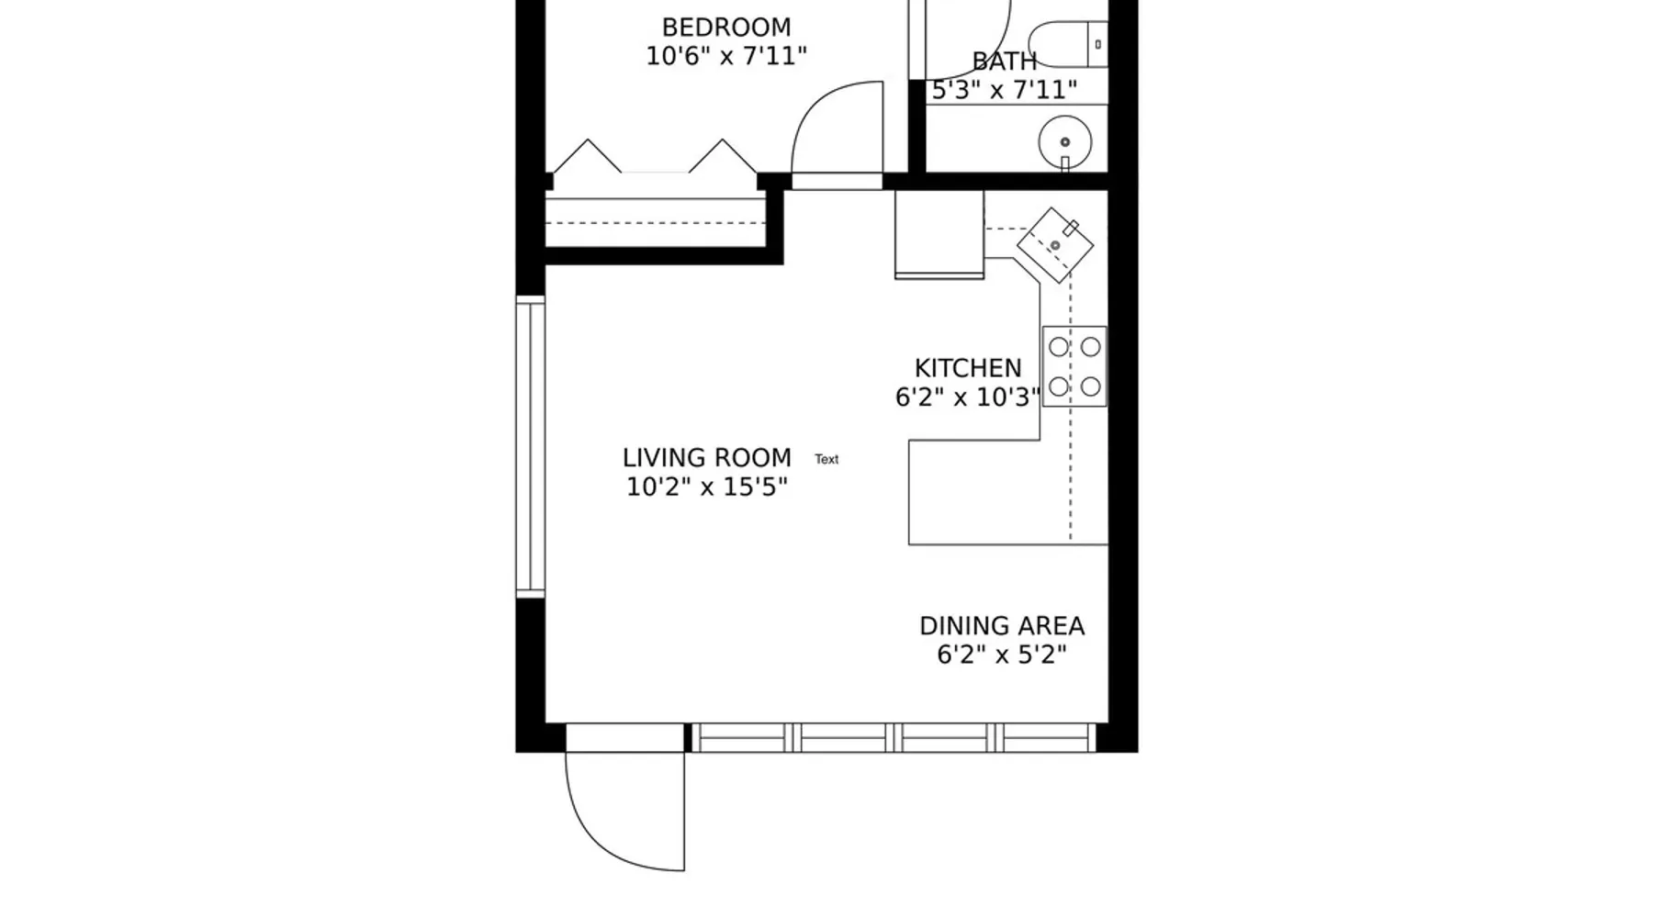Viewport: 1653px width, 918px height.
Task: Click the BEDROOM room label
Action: [726, 28]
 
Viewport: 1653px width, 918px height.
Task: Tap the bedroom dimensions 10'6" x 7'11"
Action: [726, 56]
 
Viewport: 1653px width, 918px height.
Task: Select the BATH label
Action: [1005, 62]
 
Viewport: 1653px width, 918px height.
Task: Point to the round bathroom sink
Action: [1065, 142]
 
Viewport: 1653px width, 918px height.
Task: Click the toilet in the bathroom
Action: [1067, 44]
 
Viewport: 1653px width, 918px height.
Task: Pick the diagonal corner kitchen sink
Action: [1055, 245]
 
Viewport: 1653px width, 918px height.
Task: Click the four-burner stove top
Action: [1074, 366]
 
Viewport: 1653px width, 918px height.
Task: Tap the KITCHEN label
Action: [968, 368]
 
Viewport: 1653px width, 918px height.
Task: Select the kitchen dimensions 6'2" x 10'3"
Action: [968, 397]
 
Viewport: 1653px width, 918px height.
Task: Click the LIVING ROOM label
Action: [707, 457]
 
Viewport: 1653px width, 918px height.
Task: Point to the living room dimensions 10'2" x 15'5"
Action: [707, 487]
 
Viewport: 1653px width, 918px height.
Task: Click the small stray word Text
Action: [826, 459]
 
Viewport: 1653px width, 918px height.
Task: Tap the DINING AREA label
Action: [1002, 626]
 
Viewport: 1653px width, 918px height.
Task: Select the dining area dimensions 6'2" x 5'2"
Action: [1002, 655]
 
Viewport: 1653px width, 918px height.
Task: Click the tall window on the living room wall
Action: [530, 447]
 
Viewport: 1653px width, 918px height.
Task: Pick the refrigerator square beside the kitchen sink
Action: [939, 234]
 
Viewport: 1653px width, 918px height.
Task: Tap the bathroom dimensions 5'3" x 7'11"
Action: [1005, 90]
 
